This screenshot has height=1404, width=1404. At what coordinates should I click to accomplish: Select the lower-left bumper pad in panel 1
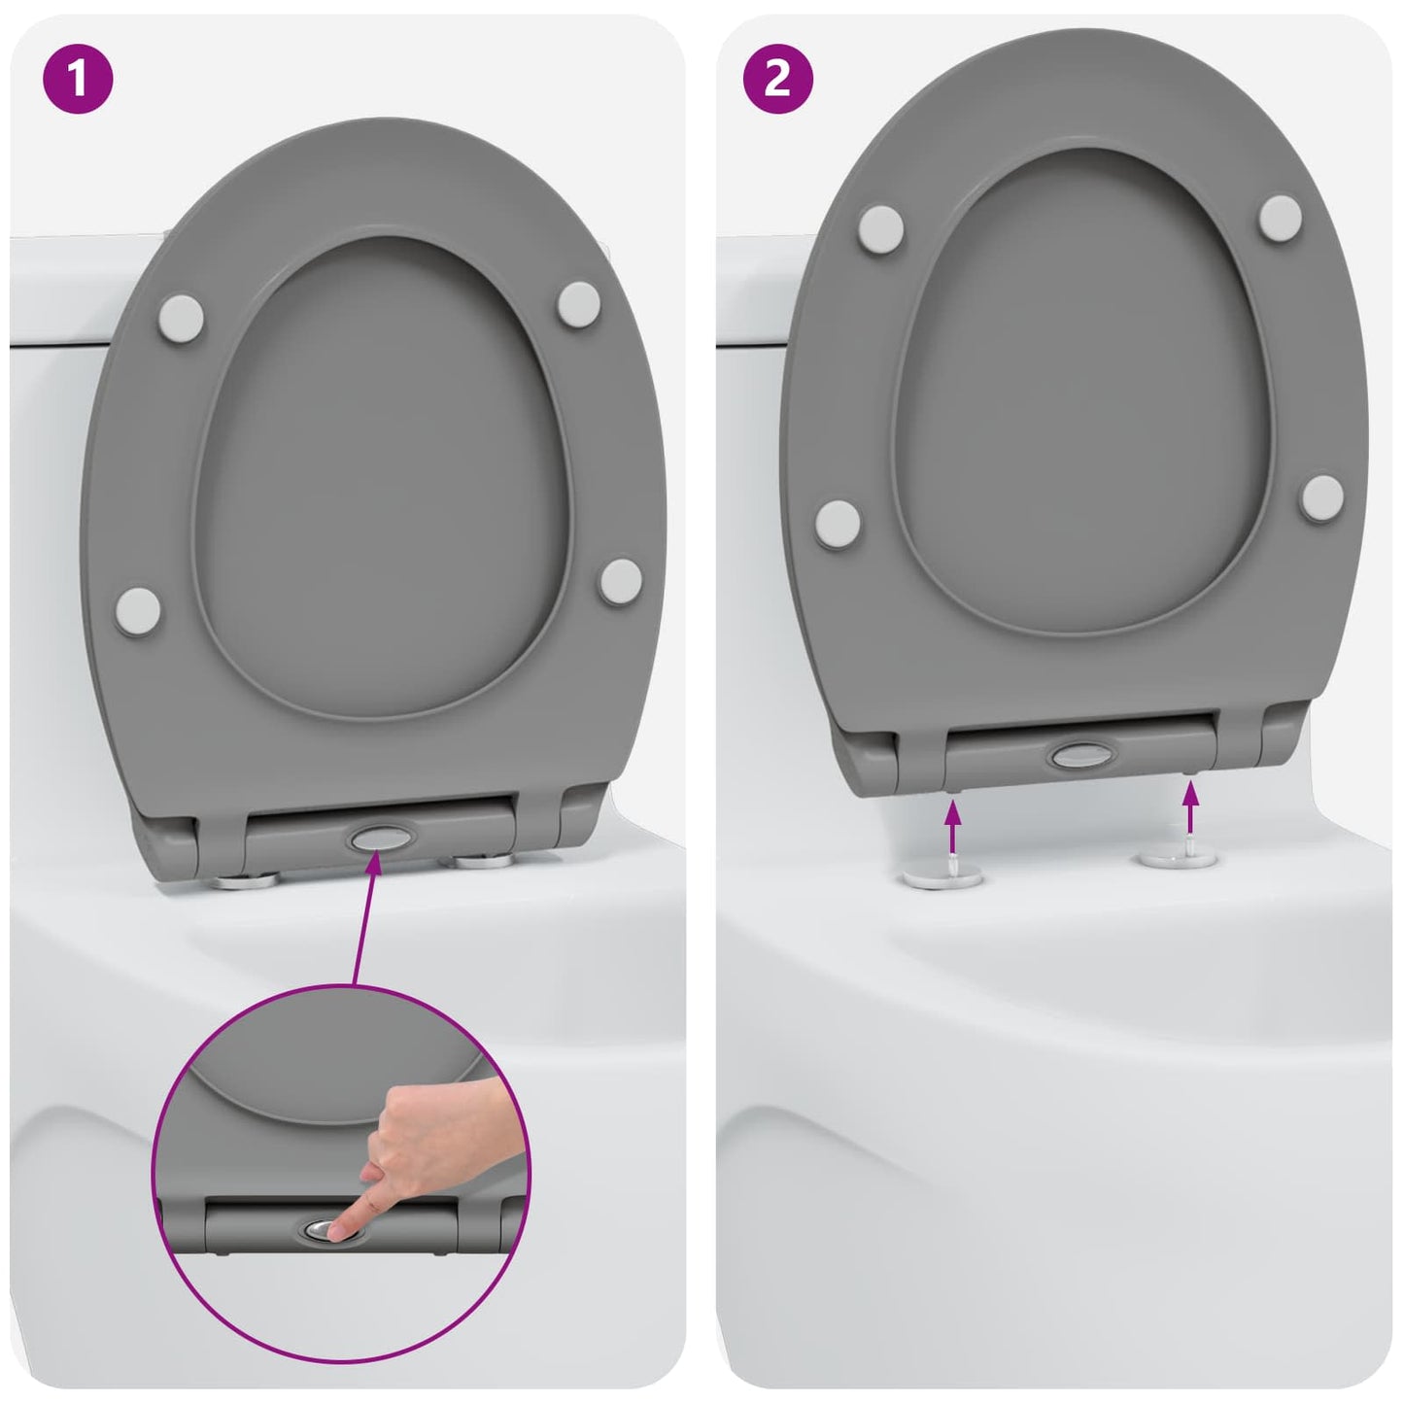137,610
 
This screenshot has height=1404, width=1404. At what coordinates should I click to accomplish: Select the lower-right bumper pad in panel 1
620,581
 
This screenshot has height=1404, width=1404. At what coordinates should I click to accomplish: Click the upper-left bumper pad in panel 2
881,226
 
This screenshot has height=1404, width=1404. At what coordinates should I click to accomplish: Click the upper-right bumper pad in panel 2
1281,216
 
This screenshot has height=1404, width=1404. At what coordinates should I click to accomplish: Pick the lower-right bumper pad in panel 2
1322,497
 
